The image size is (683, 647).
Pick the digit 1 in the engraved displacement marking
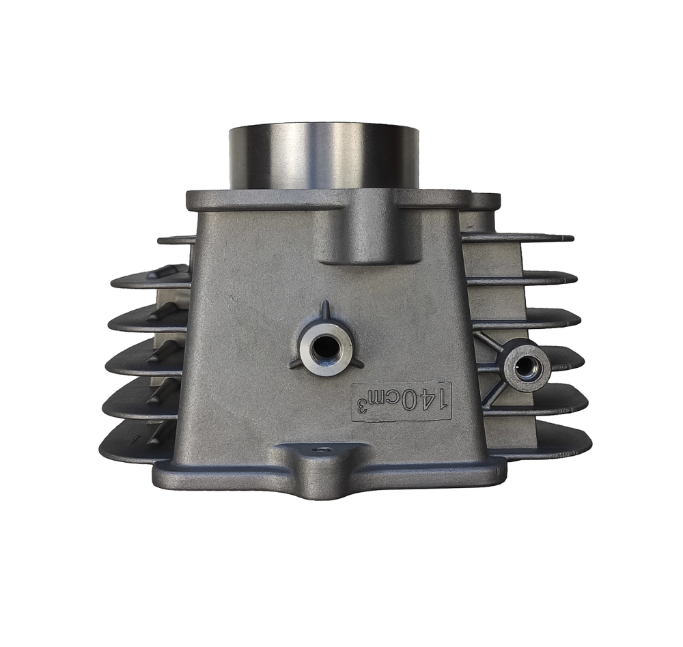click(x=442, y=399)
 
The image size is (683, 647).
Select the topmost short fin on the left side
click(x=176, y=240)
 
